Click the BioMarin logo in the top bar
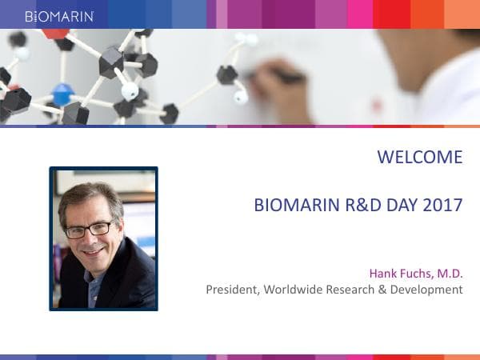pos(59,15)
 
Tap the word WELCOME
pos(419,157)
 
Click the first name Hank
pos(382,274)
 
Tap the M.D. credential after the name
pos(450,274)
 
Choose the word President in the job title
pos(231,289)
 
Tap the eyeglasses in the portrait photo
pos(89,230)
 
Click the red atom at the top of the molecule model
pos(55,33)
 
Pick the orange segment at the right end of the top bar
pos(462,14)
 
